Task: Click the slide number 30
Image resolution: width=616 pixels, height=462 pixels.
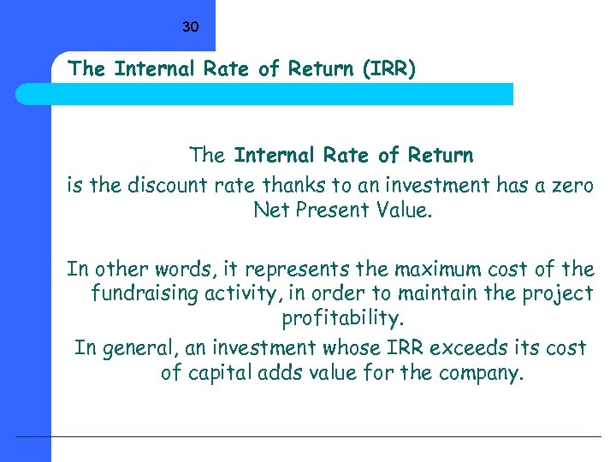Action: click(190, 27)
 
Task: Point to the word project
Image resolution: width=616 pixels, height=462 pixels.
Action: click(560, 293)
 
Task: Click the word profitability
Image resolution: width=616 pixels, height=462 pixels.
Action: click(341, 319)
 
